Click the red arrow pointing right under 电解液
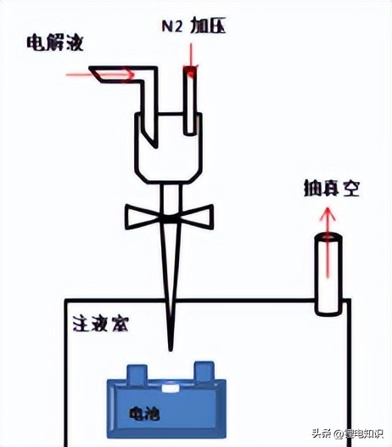tap(99, 74)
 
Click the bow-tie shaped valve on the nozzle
tap(169, 218)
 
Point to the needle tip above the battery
tap(170, 343)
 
